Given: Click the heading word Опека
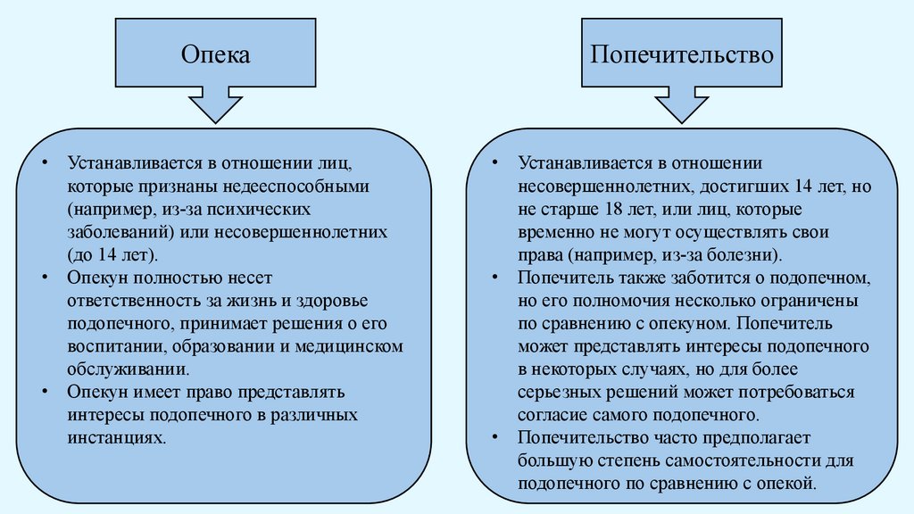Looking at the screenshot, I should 216,55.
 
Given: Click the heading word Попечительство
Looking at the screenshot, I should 682,55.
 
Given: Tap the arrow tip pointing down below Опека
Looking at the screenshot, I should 216,119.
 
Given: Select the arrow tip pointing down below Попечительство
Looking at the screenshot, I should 682,119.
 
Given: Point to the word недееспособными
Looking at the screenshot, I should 294,188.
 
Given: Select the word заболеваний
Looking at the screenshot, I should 120,232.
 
